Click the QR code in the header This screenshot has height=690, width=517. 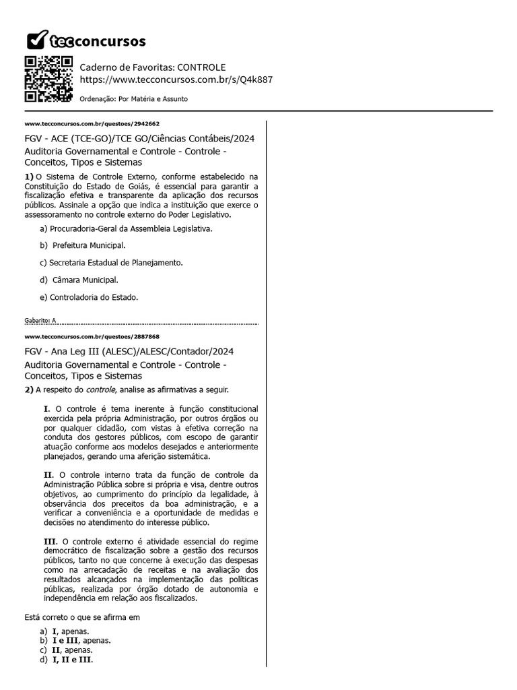(x=48, y=79)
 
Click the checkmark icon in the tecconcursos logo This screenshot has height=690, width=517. (x=36, y=40)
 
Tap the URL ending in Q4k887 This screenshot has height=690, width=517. (x=176, y=80)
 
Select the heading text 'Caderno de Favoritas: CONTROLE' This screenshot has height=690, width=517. (x=153, y=67)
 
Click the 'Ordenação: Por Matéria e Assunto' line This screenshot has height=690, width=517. (x=133, y=99)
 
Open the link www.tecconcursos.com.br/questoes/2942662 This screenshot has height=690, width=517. (x=92, y=124)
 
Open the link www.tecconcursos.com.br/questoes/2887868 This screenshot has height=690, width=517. (x=92, y=336)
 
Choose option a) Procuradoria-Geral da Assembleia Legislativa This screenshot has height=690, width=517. (x=126, y=229)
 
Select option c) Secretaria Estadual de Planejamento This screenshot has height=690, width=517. (x=111, y=263)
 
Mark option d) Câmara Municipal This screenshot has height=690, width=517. (x=79, y=280)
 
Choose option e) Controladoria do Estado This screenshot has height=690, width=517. (x=89, y=296)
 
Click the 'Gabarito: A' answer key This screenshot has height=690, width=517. (x=40, y=321)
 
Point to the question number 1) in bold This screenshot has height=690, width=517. (x=29, y=176)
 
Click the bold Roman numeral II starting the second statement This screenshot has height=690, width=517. (x=48, y=475)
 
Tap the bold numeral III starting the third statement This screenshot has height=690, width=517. (x=50, y=541)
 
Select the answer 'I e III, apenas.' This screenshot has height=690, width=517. (x=81, y=641)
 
